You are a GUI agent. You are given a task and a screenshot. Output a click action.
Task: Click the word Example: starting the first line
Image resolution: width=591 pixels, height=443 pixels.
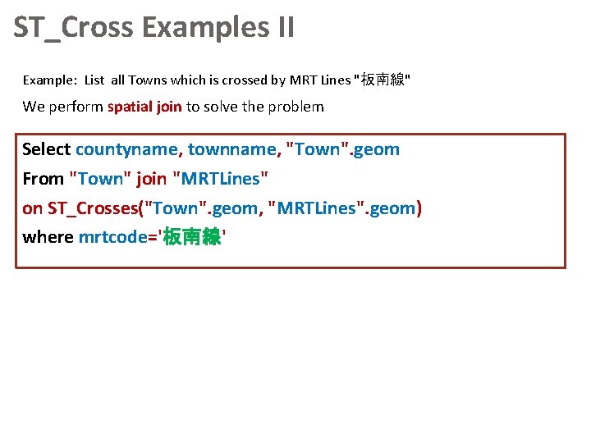pos(49,80)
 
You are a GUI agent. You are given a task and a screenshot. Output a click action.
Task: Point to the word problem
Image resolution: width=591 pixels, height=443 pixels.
pos(295,107)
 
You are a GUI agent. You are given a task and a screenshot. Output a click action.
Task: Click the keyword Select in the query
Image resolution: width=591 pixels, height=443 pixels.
pos(47,149)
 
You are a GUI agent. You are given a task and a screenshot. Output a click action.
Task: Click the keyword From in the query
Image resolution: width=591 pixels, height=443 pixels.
pos(43,179)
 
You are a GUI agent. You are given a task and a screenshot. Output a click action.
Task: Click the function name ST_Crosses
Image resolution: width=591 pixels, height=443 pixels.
pos(93,208)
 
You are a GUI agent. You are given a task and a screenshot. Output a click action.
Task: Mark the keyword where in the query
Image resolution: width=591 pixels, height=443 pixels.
pos(48,238)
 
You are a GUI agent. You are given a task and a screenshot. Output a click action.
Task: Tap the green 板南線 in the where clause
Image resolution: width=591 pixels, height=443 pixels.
pos(192,238)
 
